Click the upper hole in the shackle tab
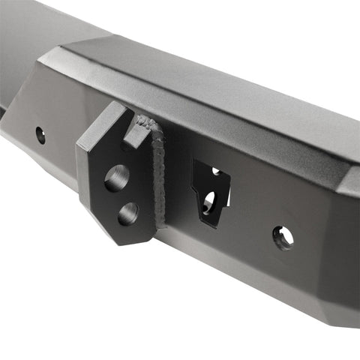[x=116, y=178]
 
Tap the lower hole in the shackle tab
[x=127, y=214]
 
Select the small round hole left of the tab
[x=40, y=136]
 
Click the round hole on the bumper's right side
[x=283, y=238]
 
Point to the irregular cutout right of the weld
[x=210, y=193]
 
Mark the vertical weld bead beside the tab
[x=157, y=176]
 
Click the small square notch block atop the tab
[x=136, y=133]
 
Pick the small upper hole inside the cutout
[x=215, y=172]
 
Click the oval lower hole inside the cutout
[x=209, y=201]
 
